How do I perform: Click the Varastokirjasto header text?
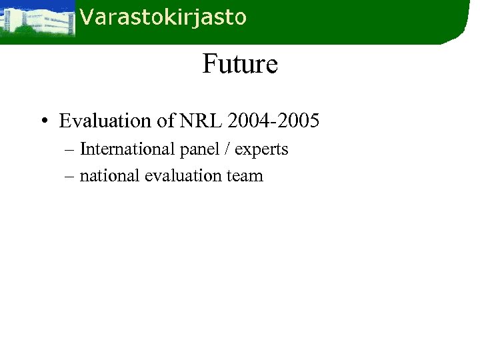point(163,17)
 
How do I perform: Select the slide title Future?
point(240,65)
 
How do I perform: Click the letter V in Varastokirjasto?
point(85,17)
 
